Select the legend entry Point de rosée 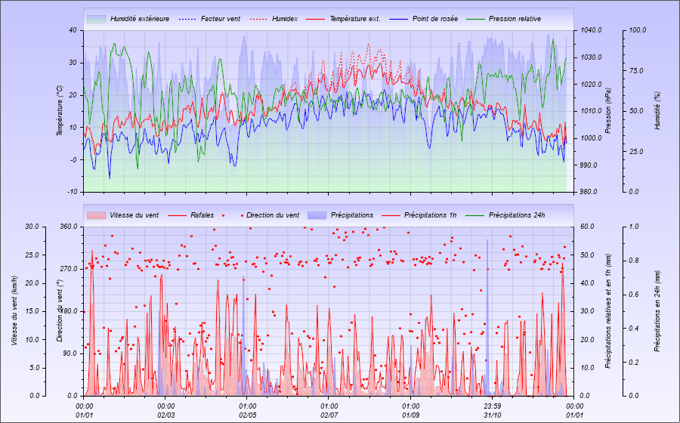tap(435, 18)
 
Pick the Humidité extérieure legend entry tap(139, 18)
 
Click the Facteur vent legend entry tap(220, 18)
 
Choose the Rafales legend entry tap(202, 215)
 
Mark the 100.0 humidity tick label tap(638, 30)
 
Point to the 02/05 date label tap(248, 415)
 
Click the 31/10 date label tap(493, 415)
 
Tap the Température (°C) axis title tap(59, 111)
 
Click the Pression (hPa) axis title tap(608, 111)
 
